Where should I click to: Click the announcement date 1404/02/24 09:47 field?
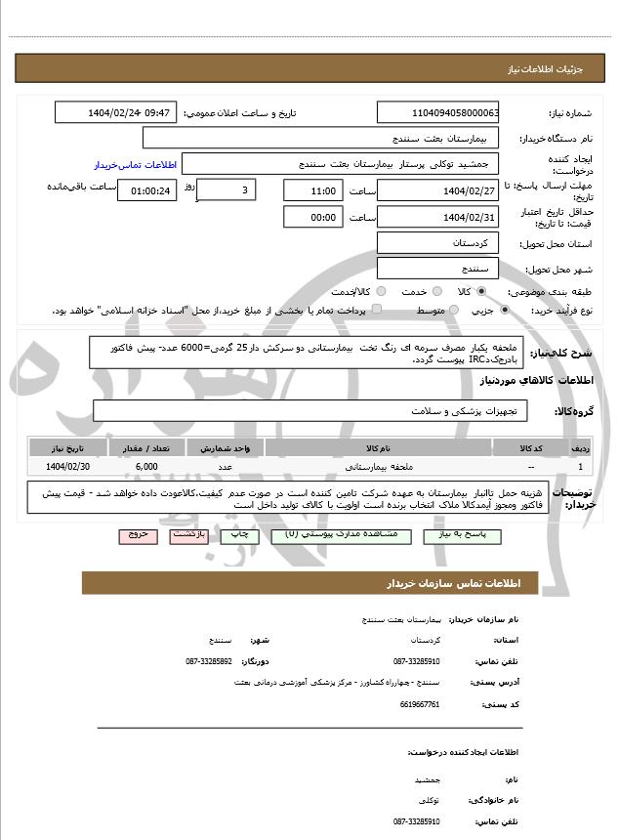click(116, 113)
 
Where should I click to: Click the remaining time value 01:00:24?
click(147, 190)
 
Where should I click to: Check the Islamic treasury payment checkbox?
click(378, 311)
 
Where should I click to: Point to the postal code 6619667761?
click(421, 703)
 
